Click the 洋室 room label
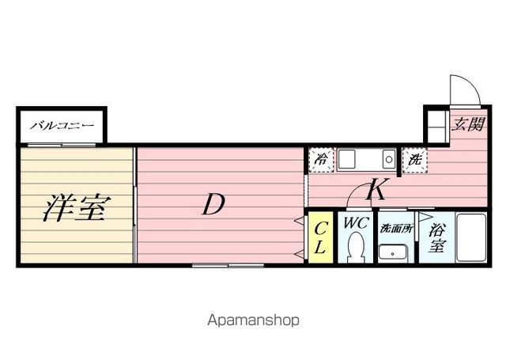[x=75, y=208]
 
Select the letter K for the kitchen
[x=377, y=191]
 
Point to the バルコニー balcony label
[x=62, y=126]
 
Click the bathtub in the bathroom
[x=471, y=238]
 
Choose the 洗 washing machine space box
[x=413, y=160]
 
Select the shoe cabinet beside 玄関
[x=436, y=124]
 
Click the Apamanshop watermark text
[x=253, y=321]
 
